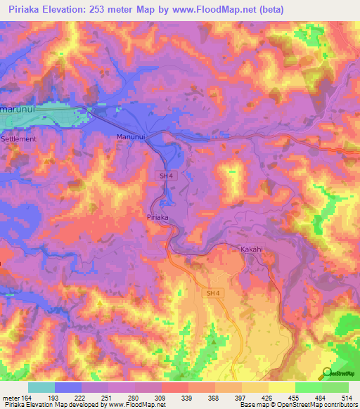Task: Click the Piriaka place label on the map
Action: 157,218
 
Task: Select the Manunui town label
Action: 130,136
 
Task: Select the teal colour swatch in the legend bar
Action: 41,387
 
